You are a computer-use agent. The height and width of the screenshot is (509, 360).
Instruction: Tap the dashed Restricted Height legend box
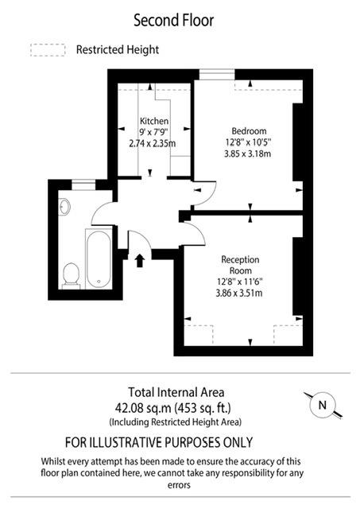[x=47, y=50]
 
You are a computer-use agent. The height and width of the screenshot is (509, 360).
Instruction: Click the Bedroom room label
[x=249, y=130]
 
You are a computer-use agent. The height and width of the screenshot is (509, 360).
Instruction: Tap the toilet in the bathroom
[x=71, y=274]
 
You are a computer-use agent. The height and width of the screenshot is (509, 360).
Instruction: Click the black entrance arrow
[x=140, y=260]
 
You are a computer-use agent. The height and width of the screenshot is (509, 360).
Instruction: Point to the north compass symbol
[x=322, y=406]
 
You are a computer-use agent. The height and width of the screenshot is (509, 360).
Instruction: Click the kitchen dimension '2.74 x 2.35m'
[x=153, y=144]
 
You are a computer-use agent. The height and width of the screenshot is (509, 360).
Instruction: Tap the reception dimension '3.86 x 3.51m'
[x=240, y=293]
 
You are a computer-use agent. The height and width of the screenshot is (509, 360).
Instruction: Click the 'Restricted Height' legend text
[x=117, y=49]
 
